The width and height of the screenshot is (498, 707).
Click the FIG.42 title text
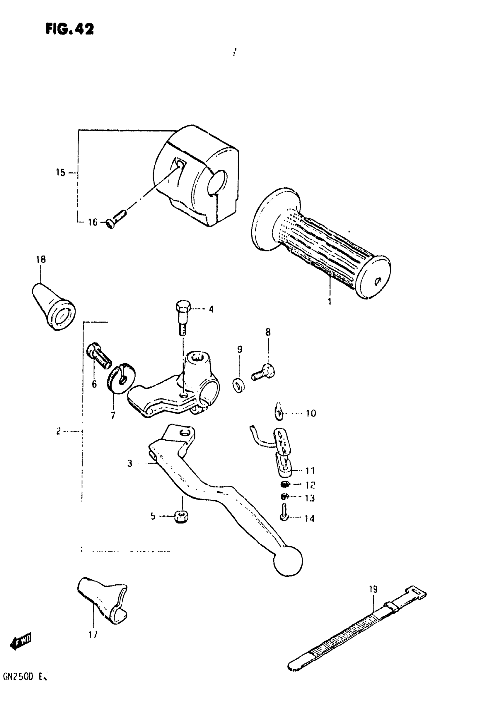click(70, 30)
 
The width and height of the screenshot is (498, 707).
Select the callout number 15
click(61, 172)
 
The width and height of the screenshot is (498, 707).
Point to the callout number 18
click(41, 260)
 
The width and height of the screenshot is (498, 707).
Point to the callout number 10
click(311, 413)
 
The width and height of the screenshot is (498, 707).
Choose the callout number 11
click(310, 470)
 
